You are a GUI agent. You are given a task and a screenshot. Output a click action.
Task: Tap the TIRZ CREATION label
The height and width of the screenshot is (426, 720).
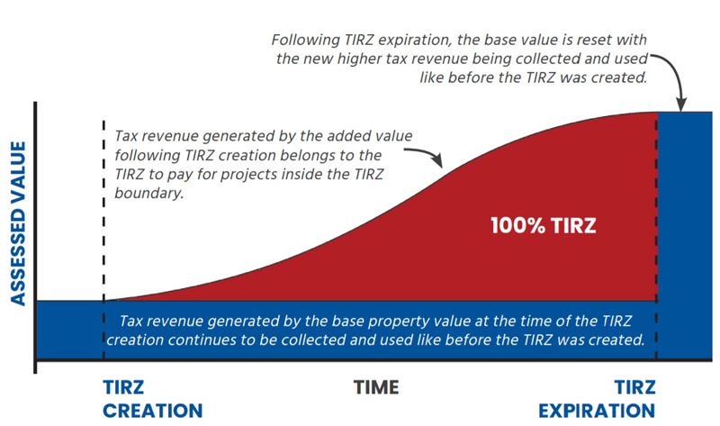151,399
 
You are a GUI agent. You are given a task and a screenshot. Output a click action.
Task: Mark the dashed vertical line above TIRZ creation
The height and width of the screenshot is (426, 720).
105,207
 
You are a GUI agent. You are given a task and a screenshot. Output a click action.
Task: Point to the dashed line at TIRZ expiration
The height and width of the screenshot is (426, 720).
657,234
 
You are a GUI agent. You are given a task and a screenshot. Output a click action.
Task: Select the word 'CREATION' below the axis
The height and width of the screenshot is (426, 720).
152,411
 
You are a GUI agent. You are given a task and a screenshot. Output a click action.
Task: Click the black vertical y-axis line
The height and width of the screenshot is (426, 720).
35,234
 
